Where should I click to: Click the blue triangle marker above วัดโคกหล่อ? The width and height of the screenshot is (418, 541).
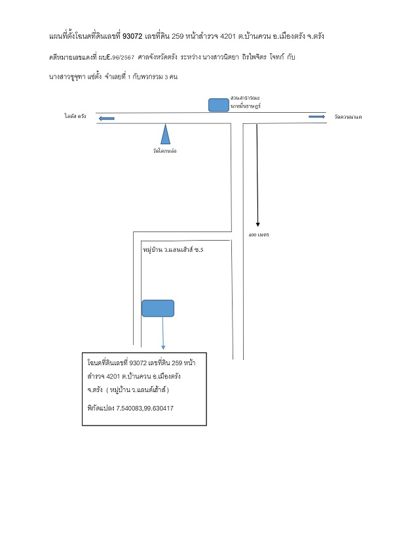(165, 134)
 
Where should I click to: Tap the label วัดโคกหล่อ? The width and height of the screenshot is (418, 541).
(164, 151)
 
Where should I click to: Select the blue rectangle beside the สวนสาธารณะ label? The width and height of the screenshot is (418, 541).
(218, 105)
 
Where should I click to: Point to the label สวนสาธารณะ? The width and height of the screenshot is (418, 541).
(245, 98)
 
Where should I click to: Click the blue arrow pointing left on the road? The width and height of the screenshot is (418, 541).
(107, 119)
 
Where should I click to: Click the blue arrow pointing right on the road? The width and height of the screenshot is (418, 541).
(316, 117)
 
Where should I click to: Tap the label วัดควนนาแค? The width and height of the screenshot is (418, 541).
(348, 117)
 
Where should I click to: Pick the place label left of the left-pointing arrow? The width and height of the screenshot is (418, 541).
(75, 116)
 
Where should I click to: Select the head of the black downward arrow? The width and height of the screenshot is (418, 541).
(257, 225)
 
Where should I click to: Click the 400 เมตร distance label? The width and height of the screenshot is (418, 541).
(258, 235)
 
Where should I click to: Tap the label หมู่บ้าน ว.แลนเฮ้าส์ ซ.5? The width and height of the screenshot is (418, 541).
(173, 249)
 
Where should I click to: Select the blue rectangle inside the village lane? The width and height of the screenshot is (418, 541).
(158, 308)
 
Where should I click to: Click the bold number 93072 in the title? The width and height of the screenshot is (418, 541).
(132, 36)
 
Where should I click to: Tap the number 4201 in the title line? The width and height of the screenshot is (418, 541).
(227, 36)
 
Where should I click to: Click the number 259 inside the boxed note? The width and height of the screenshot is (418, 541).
(177, 363)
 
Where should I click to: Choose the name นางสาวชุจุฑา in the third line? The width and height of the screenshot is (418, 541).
(67, 77)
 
